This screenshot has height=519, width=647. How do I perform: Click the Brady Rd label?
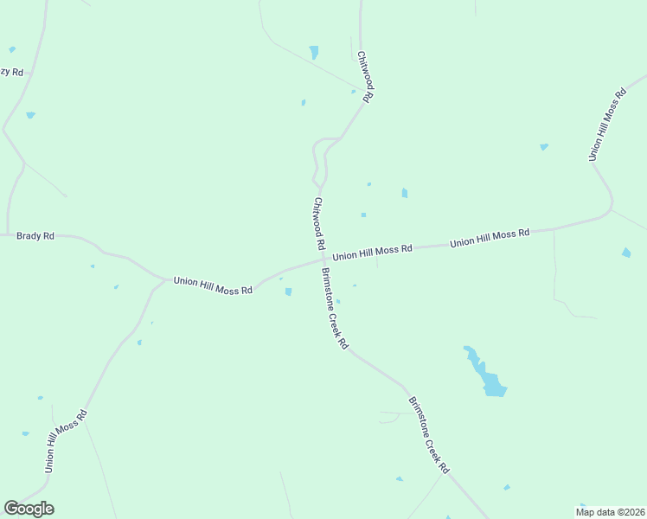tap(35, 235)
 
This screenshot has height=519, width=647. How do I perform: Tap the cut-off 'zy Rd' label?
tap(11, 72)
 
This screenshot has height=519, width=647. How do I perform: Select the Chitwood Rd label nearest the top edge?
tap(364, 76)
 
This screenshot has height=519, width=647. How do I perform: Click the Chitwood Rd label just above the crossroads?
tap(318, 224)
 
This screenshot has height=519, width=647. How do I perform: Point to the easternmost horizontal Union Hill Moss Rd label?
tap(489, 238)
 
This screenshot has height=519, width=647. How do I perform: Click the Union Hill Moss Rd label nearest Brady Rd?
tap(213, 285)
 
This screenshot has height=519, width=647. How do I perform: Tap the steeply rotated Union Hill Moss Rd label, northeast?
tap(606, 124)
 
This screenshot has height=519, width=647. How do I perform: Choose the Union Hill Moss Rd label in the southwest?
tap(67, 440)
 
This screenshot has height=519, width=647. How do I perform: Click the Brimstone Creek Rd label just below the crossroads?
tap(335, 308)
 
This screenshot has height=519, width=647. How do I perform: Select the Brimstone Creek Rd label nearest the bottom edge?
tap(429, 435)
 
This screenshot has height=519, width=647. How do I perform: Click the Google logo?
tap(29, 509)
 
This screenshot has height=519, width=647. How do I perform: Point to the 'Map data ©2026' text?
tap(611, 512)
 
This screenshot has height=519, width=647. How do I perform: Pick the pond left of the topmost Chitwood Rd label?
tap(314, 52)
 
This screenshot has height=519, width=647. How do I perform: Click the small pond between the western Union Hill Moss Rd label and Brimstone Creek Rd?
tap(288, 292)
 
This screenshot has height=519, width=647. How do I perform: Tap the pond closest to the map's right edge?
tap(626, 253)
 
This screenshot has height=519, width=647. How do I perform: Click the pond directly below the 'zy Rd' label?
tap(30, 114)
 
